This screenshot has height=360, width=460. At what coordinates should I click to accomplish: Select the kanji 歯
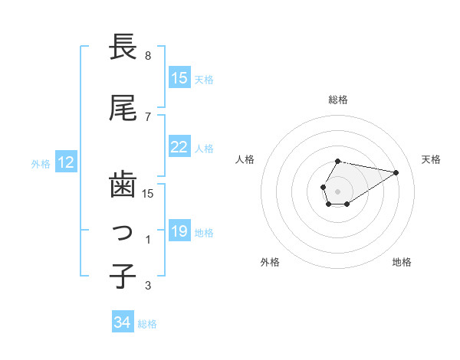point(123,184)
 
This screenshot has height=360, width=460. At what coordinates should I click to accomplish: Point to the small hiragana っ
point(124,232)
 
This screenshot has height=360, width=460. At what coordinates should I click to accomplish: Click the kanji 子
point(123,277)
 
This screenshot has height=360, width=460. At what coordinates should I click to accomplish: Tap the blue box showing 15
point(179,78)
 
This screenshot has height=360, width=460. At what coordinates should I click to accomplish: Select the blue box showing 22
point(179,148)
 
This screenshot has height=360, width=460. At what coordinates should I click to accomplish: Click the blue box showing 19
point(179,232)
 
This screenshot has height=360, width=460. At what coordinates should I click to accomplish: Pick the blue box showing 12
point(65,162)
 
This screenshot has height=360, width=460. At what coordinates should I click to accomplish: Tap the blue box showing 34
point(123,323)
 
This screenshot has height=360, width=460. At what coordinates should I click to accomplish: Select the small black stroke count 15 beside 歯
point(149,193)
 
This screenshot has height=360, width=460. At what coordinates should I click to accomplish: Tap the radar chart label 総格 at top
point(338,100)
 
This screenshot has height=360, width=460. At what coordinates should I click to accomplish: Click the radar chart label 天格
point(431,159)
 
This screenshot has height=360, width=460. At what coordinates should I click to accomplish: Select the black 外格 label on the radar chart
point(270,262)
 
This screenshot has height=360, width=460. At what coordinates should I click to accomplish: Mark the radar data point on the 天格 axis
point(396,172)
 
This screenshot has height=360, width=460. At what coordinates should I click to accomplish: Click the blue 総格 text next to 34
point(147,324)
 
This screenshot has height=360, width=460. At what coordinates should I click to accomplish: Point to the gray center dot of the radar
point(337,190)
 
